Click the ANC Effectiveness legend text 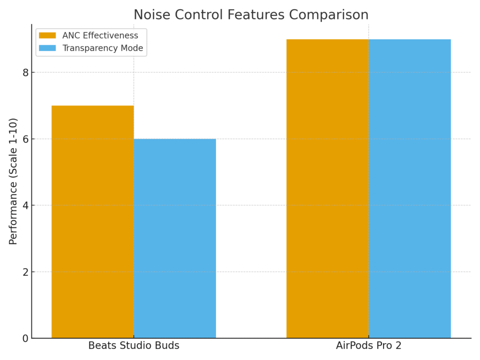pyautogui.click(x=100, y=36)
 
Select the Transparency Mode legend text pyautogui.click(x=103, y=48)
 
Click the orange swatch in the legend pyautogui.click(x=47, y=36)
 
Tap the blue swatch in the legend pyautogui.click(x=47, y=48)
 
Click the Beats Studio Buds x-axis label pyautogui.click(x=134, y=346)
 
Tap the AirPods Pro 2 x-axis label pyautogui.click(x=368, y=346)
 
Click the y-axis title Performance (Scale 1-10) pyautogui.click(x=13, y=181)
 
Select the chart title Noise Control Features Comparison pyautogui.click(x=251, y=15)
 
